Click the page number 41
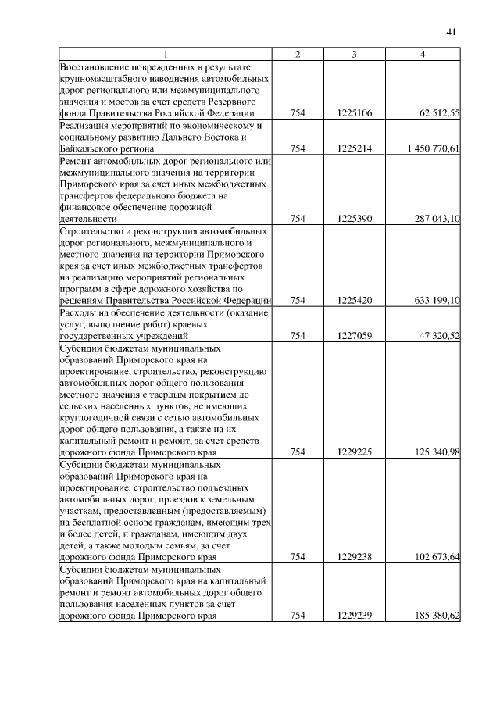[x=451, y=31]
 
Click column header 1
[x=165, y=54]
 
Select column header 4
[x=423, y=54]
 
